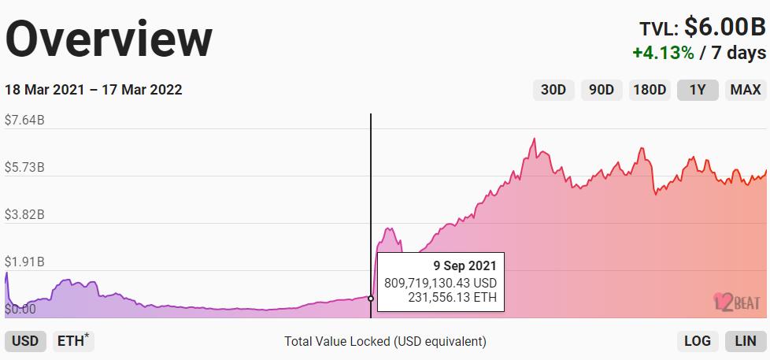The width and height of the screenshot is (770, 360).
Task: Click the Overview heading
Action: click(109, 38)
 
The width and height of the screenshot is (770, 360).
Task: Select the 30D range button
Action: click(553, 90)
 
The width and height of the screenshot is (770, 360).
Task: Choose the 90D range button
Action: click(602, 90)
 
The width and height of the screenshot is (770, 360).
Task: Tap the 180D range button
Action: click(650, 90)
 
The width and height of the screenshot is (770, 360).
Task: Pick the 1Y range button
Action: click(698, 90)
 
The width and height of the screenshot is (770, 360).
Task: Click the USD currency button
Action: click(25, 341)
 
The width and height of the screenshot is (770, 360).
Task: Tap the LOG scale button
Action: click(698, 341)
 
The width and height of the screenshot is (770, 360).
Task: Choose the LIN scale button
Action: click(745, 341)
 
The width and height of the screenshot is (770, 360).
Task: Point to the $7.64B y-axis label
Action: click(24, 121)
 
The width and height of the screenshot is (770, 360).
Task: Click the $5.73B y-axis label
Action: click(24, 168)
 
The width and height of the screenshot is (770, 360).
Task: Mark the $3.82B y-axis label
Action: click(24, 214)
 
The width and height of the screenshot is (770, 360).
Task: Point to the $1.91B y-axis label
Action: click(24, 262)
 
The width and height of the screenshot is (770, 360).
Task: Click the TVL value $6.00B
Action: click(724, 28)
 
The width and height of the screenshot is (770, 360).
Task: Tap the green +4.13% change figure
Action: click(663, 53)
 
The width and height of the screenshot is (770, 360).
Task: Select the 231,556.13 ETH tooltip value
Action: click(451, 297)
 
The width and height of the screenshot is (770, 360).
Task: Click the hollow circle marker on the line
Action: click(371, 298)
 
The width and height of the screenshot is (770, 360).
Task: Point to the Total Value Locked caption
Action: click(385, 341)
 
